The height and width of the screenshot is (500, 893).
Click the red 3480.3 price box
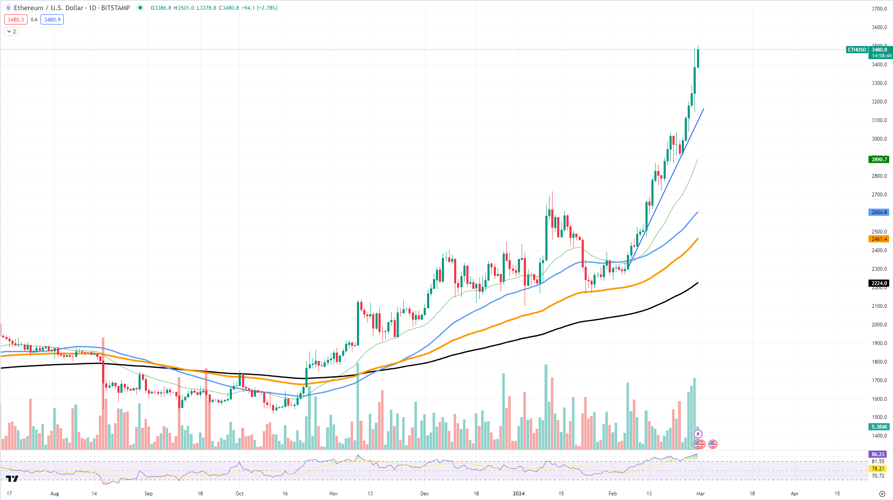pos(16,20)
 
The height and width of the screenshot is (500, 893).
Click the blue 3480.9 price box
pos(52,20)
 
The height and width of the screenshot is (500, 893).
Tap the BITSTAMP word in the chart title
pos(115,8)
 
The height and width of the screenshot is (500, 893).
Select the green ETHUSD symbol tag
pos(857,50)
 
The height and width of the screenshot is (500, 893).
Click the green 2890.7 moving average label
pos(879,160)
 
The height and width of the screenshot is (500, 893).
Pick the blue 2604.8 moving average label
pos(879,212)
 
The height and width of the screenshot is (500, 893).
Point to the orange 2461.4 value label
pos(879,239)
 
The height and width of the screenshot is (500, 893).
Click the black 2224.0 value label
pos(879,283)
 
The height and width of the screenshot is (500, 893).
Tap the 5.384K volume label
pos(879,427)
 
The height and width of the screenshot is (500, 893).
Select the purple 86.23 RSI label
pos(878,454)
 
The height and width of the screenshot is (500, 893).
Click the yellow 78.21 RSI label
pos(878,469)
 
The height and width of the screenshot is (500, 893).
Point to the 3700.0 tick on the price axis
pos(879,9)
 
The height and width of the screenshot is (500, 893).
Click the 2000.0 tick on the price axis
pos(879,325)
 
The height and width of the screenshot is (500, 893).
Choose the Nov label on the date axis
pos(334,494)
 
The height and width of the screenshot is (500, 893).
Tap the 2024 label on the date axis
pos(518,494)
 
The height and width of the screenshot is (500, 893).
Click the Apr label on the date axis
pos(795,494)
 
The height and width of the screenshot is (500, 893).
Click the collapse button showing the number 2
pos(11,32)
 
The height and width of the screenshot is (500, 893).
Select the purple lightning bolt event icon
pos(698,434)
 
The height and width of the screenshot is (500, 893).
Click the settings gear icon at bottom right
pos(882,494)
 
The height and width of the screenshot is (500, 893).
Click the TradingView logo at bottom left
pos(12,478)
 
